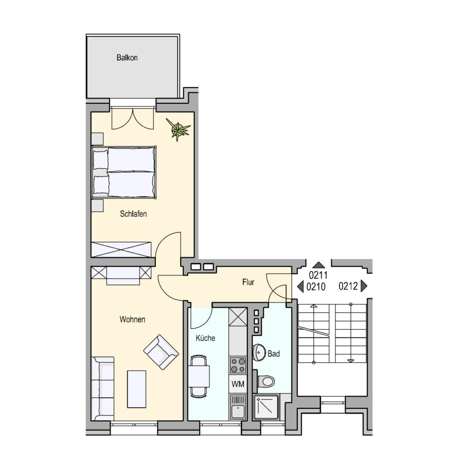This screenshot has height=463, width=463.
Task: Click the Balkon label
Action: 127,58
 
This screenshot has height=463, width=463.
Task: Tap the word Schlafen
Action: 133,214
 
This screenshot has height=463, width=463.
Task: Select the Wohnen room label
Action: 132,319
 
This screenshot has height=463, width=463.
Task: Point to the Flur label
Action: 248,282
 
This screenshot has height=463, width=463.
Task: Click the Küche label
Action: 205,338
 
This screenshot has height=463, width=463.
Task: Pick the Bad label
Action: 274,353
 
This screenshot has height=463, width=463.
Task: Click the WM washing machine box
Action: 238,384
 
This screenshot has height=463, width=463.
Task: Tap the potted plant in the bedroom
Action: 178,129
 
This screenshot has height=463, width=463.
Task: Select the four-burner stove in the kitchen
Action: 238,365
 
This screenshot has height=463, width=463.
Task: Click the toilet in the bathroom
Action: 266,381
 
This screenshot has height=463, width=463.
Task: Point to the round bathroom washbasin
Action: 259,352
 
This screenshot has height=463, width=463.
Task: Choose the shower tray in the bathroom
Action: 266,407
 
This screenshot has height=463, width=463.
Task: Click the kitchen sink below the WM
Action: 238,407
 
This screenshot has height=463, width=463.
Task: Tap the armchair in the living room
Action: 161,352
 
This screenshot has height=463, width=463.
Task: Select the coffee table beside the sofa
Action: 136,389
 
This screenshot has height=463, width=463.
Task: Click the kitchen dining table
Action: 199,376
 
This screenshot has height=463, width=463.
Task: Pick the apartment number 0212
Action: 348,286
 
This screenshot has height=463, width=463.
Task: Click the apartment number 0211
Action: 318,275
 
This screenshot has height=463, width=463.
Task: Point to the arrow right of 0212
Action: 364,286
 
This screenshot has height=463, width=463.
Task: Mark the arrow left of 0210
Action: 300,287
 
